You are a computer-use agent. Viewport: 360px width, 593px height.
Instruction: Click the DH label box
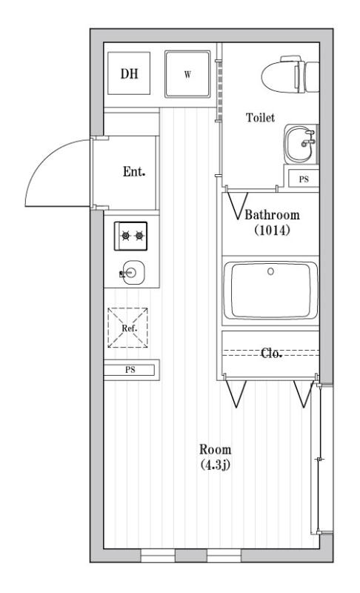tap(129, 73)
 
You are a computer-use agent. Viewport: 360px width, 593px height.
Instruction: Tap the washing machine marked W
tap(187, 73)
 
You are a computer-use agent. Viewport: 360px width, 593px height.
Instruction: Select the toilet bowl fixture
tap(290, 75)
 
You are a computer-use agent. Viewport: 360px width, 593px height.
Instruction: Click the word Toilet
tap(260, 118)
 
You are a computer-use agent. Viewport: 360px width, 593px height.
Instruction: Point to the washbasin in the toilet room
tap(300, 144)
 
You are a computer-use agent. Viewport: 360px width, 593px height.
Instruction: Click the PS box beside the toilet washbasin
tap(304, 179)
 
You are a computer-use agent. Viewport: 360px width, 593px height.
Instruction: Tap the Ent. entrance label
tap(134, 172)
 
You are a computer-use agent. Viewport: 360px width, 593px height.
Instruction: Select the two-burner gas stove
tap(130, 236)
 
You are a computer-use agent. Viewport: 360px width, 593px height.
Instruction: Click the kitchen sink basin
tap(133, 272)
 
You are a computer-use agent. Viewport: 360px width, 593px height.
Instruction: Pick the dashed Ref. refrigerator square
tap(127, 328)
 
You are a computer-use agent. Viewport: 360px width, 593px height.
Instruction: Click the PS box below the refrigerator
tap(130, 370)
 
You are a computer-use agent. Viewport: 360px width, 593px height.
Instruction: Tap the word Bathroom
tap(272, 215)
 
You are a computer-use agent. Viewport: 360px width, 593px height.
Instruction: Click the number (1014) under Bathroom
tap(272, 230)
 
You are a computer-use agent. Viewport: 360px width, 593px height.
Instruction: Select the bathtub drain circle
tap(270, 271)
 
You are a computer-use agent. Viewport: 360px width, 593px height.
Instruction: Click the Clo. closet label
tap(271, 354)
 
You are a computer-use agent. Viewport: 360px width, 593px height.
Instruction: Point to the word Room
tap(215, 449)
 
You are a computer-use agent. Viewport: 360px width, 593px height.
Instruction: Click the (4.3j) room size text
tap(215, 465)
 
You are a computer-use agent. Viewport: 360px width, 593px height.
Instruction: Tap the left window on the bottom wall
tap(158, 555)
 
